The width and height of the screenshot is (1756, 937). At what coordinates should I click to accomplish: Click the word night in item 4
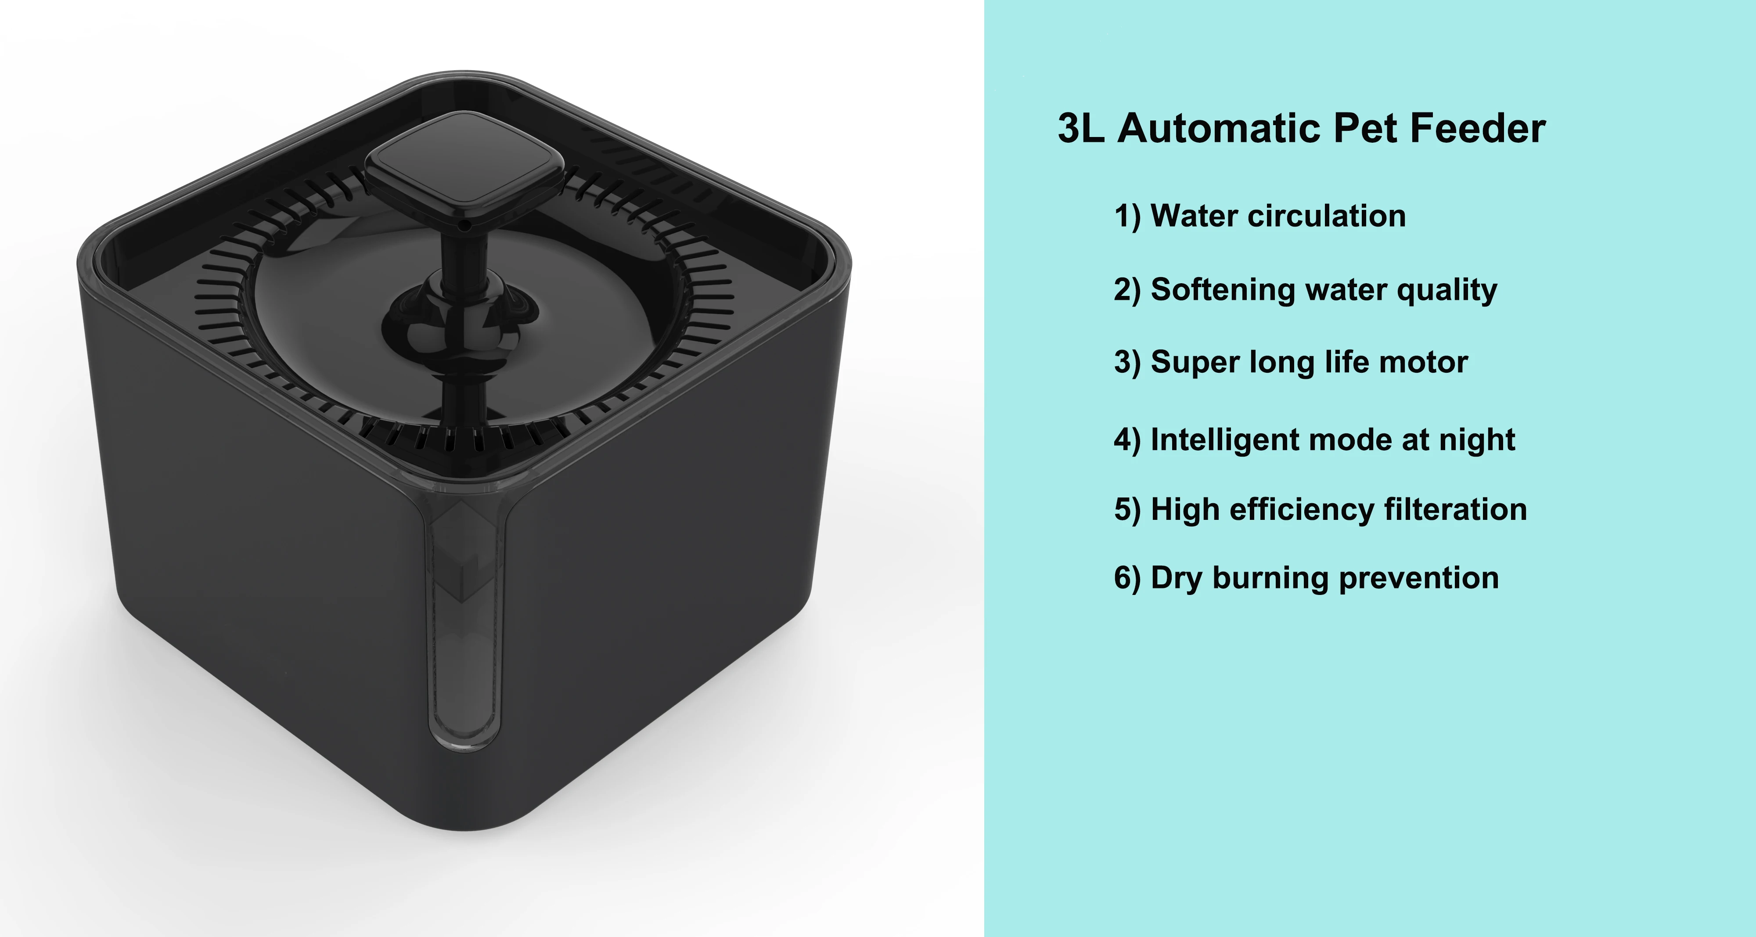1477,440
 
